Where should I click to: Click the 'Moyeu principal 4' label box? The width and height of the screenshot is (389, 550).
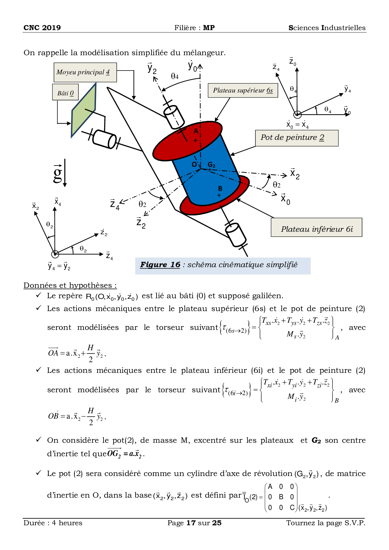pyautogui.click(x=85, y=72)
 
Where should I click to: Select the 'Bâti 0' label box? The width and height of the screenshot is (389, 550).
pyautogui.click(x=65, y=93)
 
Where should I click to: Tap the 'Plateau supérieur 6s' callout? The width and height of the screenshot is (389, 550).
pyautogui.click(x=243, y=91)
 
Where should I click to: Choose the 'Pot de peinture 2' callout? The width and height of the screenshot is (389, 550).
pyautogui.click(x=296, y=138)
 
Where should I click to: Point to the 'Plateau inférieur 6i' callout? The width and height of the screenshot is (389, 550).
pyautogui.click(x=316, y=228)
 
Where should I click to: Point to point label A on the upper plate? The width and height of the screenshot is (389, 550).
pyautogui.click(x=196, y=131)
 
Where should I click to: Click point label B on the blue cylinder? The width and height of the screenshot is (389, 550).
pyautogui.click(x=220, y=188)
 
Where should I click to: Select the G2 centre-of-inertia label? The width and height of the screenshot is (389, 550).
pyautogui.click(x=212, y=165)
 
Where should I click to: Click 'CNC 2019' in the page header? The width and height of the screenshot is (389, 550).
pyautogui.click(x=42, y=28)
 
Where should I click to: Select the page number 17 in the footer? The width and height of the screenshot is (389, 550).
pyautogui.click(x=191, y=523)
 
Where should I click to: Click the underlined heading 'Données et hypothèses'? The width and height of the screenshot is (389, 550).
pyautogui.click(x=70, y=285)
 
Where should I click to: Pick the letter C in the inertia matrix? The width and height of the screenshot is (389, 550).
pyautogui.click(x=292, y=507)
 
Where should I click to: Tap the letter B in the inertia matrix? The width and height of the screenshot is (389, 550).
pyautogui.click(x=281, y=497)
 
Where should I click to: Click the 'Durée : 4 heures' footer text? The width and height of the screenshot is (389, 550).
pyautogui.click(x=53, y=523)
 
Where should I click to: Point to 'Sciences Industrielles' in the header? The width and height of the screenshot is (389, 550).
pyautogui.click(x=327, y=28)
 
